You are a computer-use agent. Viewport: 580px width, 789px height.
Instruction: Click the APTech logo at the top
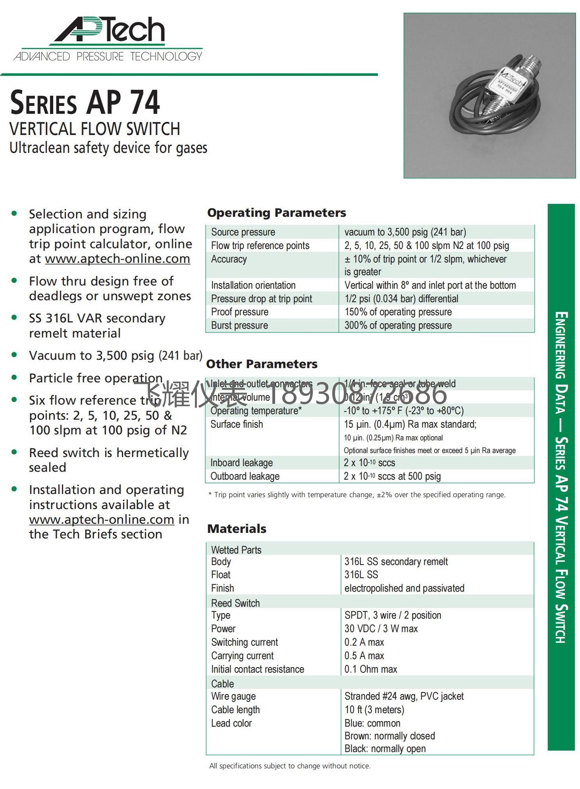[x=108, y=39]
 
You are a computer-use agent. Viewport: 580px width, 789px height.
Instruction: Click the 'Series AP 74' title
[x=85, y=102]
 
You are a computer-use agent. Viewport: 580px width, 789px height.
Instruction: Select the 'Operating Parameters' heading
[x=276, y=213]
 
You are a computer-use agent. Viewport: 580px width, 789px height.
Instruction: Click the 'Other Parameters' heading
[x=262, y=364]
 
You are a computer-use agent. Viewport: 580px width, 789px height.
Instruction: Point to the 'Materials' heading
[x=237, y=529]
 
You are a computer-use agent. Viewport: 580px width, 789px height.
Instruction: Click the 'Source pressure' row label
[x=243, y=232]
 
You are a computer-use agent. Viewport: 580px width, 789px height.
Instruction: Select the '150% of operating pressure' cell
[x=398, y=312]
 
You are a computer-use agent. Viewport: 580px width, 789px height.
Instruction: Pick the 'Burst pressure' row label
[x=239, y=326]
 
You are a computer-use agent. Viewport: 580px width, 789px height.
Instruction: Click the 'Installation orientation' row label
[x=253, y=285]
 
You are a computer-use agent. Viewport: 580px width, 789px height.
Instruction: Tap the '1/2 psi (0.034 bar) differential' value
[x=401, y=299]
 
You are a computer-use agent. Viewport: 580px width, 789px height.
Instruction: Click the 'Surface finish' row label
[x=237, y=424]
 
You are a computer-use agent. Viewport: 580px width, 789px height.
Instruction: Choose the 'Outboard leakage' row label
[x=245, y=476]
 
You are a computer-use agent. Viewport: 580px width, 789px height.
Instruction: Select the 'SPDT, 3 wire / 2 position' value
[x=393, y=615]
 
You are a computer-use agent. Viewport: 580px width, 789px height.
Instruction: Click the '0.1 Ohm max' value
[x=370, y=669]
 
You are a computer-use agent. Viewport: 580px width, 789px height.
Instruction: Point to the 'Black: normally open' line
[x=385, y=749]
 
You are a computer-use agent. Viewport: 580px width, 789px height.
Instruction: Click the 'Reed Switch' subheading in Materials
[x=235, y=603]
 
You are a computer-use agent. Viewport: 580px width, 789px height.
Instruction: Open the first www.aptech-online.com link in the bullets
[x=118, y=259]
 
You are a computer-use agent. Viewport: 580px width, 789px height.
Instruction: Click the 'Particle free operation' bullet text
[x=96, y=378]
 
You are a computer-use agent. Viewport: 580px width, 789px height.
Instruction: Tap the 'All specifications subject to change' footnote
[x=290, y=766]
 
